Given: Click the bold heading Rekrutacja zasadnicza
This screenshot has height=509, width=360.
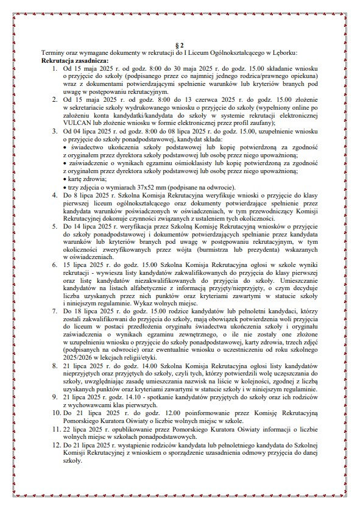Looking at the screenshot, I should (74, 61).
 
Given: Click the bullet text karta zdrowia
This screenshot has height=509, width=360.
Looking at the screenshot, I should (83, 179).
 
